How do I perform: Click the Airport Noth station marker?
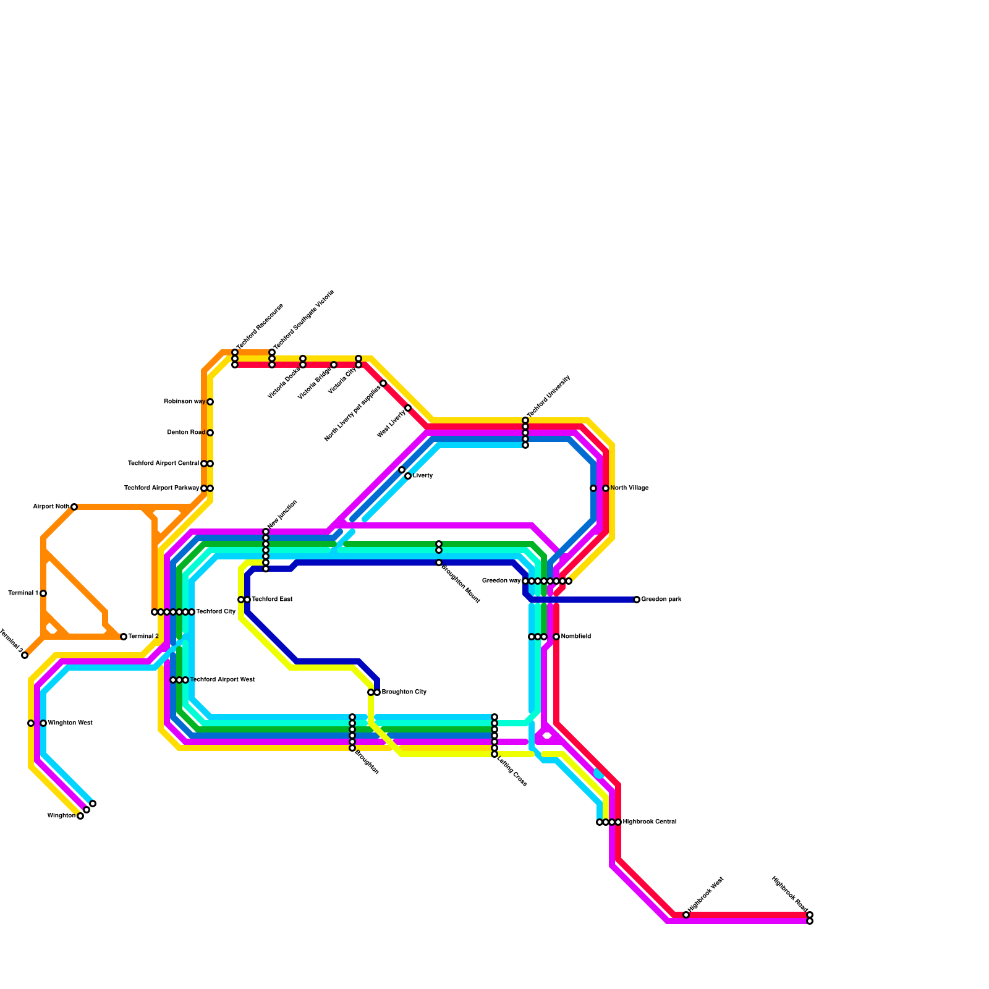(x=74, y=507)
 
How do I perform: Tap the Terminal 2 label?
(x=143, y=637)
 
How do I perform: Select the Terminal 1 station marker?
(x=43, y=593)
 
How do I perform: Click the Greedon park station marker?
(x=637, y=600)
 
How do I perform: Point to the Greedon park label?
(x=661, y=600)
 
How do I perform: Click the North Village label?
(x=629, y=488)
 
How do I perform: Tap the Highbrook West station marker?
(x=686, y=915)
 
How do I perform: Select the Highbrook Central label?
(x=650, y=822)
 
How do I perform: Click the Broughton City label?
(x=404, y=692)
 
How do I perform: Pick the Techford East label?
(x=272, y=600)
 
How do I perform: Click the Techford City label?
(x=216, y=612)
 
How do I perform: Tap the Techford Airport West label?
(x=222, y=680)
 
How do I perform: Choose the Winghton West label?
(x=70, y=723)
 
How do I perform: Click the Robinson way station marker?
(x=210, y=402)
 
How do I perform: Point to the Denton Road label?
(x=186, y=433)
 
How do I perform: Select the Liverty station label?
(x=423, y=476)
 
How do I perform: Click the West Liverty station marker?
(x=408, y=408)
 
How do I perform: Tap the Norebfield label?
(x=576, y=637)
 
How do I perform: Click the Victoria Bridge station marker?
(x=334, y=365)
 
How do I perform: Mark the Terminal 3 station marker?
(x=25, y=655)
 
